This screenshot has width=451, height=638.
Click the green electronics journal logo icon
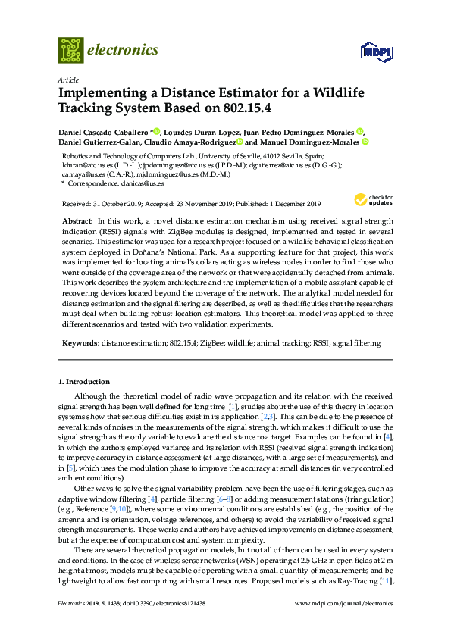70,50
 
